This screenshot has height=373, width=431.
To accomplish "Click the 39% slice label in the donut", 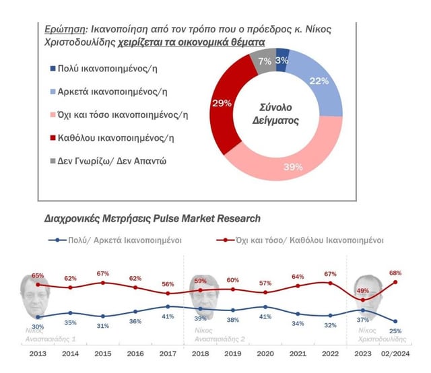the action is tap(293, 167).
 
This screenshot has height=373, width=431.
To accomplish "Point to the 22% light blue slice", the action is tap(319, 81).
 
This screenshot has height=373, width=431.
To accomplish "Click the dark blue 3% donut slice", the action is tap(281, 60).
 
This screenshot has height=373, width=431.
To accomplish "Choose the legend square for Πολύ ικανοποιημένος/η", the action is tap(53, 68).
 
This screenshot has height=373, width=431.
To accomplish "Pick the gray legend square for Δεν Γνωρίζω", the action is tap(53, 161).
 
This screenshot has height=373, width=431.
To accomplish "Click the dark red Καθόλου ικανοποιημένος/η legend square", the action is tap(53, 137).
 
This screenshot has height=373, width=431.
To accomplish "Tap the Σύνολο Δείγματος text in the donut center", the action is tap(275, 114).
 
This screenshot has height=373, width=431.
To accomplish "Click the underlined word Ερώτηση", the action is tap(65, 29).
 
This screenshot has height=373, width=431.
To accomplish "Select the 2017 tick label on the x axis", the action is tap(168, 353).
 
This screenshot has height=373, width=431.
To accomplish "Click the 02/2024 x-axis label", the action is tap(395, 353).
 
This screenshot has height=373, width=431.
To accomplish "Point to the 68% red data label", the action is tap(395, 273).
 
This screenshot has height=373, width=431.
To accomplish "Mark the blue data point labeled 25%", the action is tap(395, 321).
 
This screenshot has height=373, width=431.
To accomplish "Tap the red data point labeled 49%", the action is tap(363, 300).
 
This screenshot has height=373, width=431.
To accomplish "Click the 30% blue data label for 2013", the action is tap(38, 327).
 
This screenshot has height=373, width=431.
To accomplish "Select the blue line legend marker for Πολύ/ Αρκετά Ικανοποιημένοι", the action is tap(57, 240).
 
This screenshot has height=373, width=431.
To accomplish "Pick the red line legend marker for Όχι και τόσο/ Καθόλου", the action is tap(226, 240).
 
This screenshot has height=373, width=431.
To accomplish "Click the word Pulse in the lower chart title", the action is tap(166, 219).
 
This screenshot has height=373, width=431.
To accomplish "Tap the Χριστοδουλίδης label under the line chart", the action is tap(382, 339).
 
